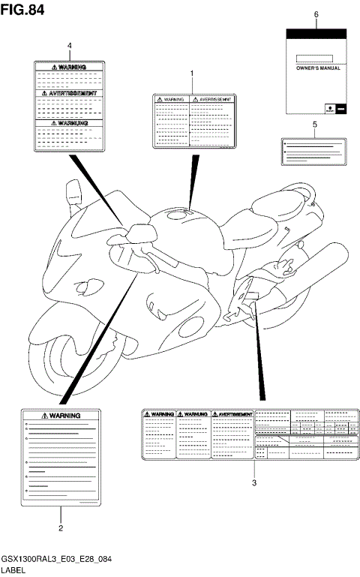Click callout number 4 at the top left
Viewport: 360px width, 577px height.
point(70,46)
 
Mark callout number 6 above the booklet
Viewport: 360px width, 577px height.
point(316,14)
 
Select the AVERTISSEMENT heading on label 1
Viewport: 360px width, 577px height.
point(214,98)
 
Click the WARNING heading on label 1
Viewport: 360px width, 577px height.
point(172,98)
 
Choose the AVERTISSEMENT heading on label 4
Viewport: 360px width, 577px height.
point(70,94)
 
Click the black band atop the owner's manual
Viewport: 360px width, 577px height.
point(316,32)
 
